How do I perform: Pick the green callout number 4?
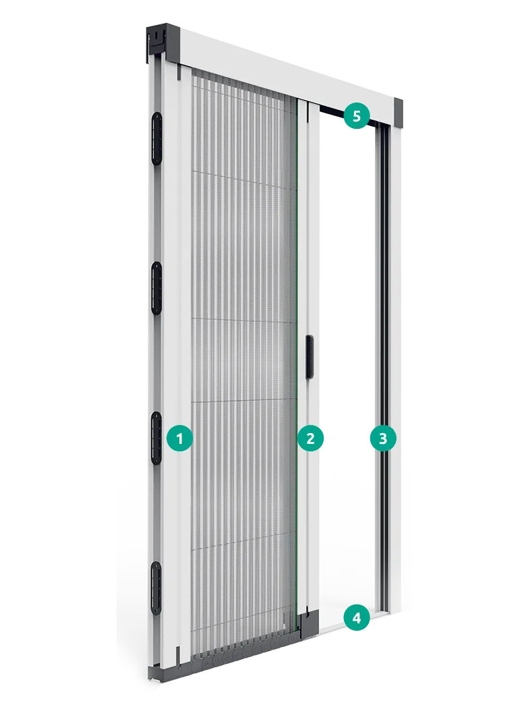tap(357, 618)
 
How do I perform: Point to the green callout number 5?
tap(357, 116)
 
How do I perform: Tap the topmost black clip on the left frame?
tap(157, 139)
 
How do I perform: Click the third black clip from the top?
tap(156, 437)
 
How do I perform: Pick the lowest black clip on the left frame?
tap(156, 588)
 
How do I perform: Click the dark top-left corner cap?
tap(163, 43)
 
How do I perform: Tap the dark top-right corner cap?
tap(399, 113)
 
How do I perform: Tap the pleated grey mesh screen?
tap(244, 361)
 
